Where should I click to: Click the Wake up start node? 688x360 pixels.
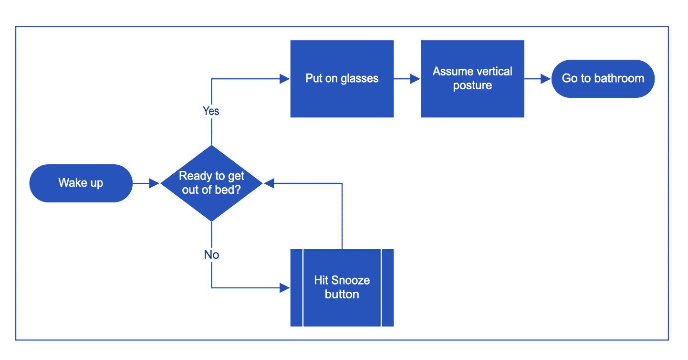click(81, 183)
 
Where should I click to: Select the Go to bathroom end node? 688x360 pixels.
click(603, 79)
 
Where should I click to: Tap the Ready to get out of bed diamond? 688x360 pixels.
click(211, 183)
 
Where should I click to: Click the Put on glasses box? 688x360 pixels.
click(342, 79)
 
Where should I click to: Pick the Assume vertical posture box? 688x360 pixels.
click(472, 79)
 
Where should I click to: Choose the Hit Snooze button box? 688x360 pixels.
click(342, 287)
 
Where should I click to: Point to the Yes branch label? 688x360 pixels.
click(211, 111)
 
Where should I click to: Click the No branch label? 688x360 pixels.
click(211, 255)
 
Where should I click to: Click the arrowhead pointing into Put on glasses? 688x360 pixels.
click(285, 79)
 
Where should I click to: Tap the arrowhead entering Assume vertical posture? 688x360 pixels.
click(415, 79)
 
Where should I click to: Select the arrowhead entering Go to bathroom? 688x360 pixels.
click(546, 79)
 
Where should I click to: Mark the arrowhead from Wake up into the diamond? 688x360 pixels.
click(154, 183)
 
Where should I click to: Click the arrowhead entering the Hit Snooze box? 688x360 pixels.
click(285, 288)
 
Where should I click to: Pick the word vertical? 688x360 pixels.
click(491, 72)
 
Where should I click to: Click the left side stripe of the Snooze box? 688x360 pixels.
click(297, 287)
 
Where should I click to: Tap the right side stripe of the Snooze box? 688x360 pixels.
click(387, 287)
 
